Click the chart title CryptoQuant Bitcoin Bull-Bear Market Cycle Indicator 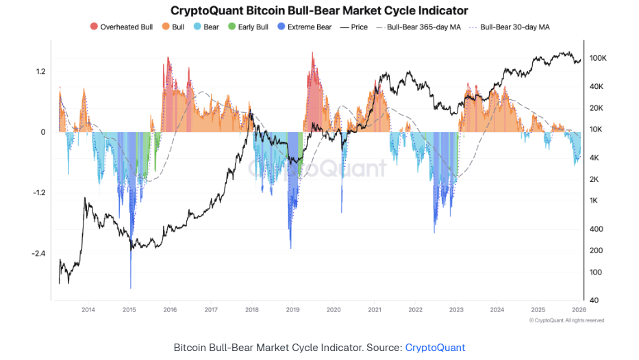tap(319, 11)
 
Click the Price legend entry tap(354, 27)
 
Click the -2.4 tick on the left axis tap(38, 253)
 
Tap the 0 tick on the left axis tap(42, 132)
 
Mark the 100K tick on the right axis tap(598, 59)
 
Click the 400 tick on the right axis tap(596, 229)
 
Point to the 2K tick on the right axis tap(594, 179)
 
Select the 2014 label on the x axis tap(88, 310)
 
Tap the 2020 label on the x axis tap(334, 310)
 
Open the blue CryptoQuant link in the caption tap(435, 348)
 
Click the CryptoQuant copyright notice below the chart tap(566, 320)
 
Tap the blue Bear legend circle tap(197, 27)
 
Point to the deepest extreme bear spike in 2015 tap(130, 286)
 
